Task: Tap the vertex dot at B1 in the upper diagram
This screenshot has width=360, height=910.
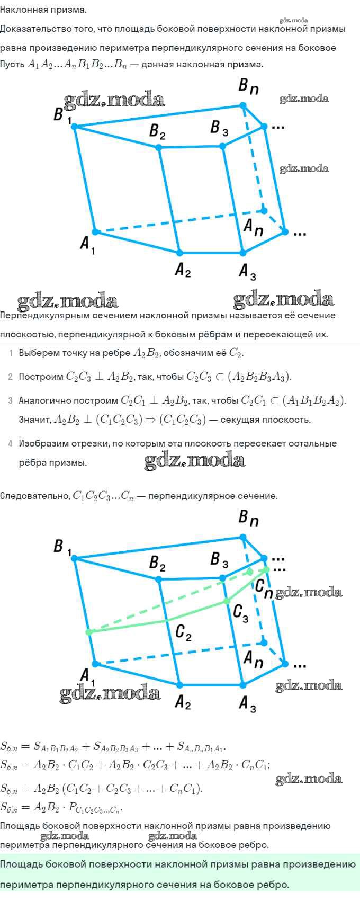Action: pyautogui.click(x=74, y=126)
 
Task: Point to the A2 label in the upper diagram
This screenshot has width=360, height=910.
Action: pyautogui.click(x=183, y=270)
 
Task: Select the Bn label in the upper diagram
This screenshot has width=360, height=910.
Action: pyautogui.click(x=248, y=86)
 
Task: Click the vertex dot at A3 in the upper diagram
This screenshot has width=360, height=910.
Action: pyautogui.click(x=243, y=253)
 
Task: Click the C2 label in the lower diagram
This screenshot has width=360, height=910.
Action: pyautogui.click(x=183, y=632)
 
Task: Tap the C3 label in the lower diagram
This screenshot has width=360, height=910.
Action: pyautogui.click(x=240, y=613)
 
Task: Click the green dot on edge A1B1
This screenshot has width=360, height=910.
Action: pyautogui.click(x=89, y=632)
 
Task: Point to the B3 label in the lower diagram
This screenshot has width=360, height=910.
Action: pyautogui.click(x=219, y=559)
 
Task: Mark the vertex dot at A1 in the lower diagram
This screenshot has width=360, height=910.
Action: pyautogui.click(x=95, y=664)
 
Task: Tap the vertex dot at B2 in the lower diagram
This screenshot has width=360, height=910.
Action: pyautogui.click(x=159, y=580)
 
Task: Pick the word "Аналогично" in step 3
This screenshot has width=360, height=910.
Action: pyautogui.click(x=42, y=400)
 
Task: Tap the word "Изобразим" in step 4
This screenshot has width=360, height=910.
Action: pyautogui.click(x=40, y=443)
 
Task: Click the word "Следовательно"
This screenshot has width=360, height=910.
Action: pyautogui.click(x=34, y=496)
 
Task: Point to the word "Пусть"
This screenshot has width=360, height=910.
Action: pyautogui.click(x=12, y=65)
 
